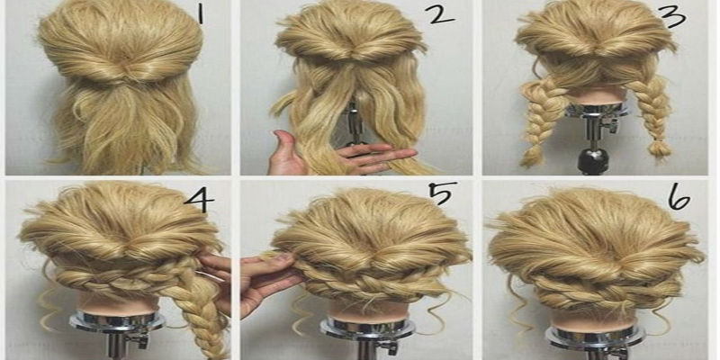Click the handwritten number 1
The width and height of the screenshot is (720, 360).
pos(200,13)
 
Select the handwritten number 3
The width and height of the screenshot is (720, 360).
pos(674,17)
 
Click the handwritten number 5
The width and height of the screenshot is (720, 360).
pos(443,194)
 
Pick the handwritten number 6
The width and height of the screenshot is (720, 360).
pos(679,200)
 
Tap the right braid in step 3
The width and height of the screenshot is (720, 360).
pos(650,116)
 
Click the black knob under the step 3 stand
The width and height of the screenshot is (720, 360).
pos(590,159)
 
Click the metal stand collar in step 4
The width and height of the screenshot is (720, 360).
pos(117,321)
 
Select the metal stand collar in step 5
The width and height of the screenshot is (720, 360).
pos(367,328)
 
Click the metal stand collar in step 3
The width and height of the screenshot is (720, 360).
pos(596,110)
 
